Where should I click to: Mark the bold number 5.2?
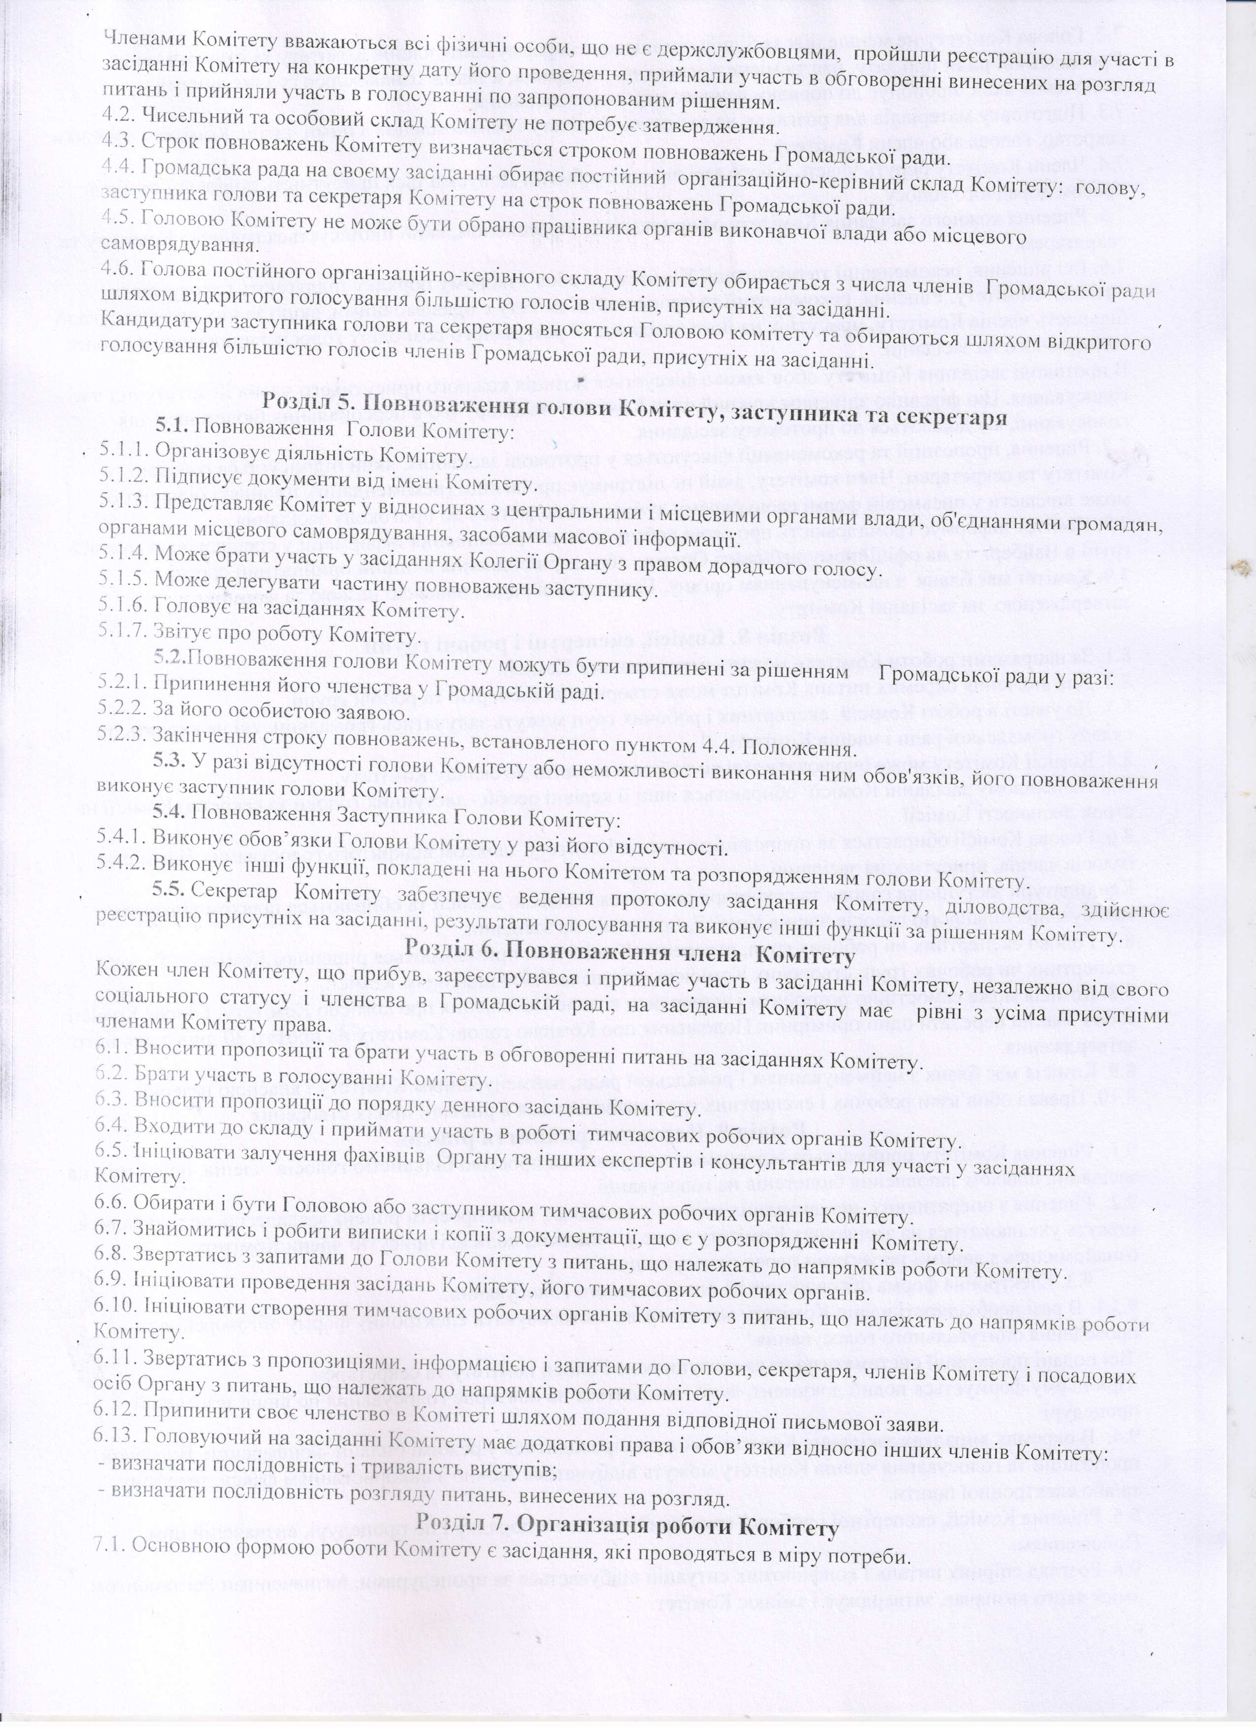[x=170, y=656]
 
